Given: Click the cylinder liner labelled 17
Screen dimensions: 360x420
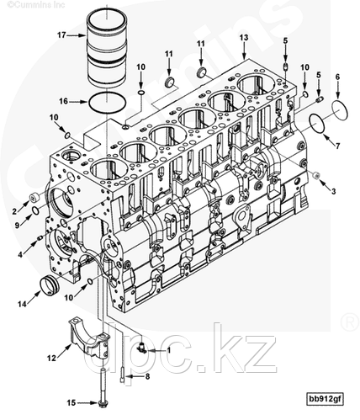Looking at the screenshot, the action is click(107, 48).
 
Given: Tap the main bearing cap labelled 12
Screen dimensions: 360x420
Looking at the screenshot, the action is click(88, 338).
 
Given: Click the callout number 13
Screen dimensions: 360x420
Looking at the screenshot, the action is click(244, 38).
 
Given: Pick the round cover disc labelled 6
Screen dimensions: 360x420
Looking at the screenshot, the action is click(340, 109).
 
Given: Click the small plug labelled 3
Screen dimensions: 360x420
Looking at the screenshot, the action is click(316, 175).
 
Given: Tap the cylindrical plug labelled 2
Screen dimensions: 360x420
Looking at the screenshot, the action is click(34, 199).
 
